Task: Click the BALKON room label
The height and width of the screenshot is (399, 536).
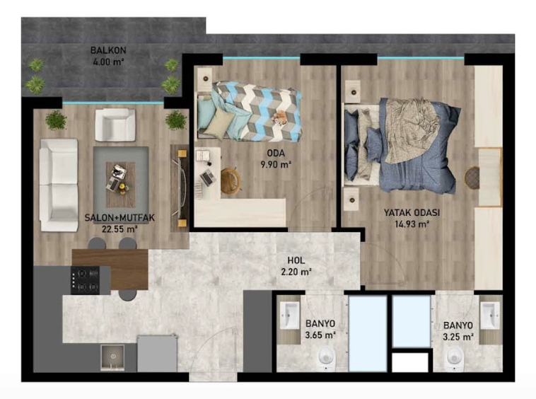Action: [x=108, y=50]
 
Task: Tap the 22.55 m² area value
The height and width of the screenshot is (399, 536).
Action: [x=120, y=229]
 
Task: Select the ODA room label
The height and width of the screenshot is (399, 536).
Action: [x=276, y=153]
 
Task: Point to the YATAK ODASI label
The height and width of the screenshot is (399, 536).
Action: [x=412, y=212]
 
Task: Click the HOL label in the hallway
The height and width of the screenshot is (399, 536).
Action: [x=296, y=260]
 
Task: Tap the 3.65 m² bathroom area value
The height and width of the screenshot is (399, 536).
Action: [x=320, y=335]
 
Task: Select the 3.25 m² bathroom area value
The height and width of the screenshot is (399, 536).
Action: [x=458, y=337]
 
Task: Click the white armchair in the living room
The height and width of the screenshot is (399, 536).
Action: [x=115, y=125]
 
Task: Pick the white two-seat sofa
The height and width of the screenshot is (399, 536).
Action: [x=59, y=185]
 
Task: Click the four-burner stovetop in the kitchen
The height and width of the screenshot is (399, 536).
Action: [x=85, y=280]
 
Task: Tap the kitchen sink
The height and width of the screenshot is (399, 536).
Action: [x=112, y=357]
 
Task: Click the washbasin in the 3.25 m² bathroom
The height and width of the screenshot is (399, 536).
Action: [x=490, y=315]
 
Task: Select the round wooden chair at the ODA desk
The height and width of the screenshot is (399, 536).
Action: [x=231, y=180]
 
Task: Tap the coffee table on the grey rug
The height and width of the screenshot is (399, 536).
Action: [x=121, y=185]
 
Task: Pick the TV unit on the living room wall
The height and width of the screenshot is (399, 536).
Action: [x=180, y=188]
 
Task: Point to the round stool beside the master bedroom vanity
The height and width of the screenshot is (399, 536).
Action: [x=472, y=177]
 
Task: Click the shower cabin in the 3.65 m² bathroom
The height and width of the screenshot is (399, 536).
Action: [x=368, y=334]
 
